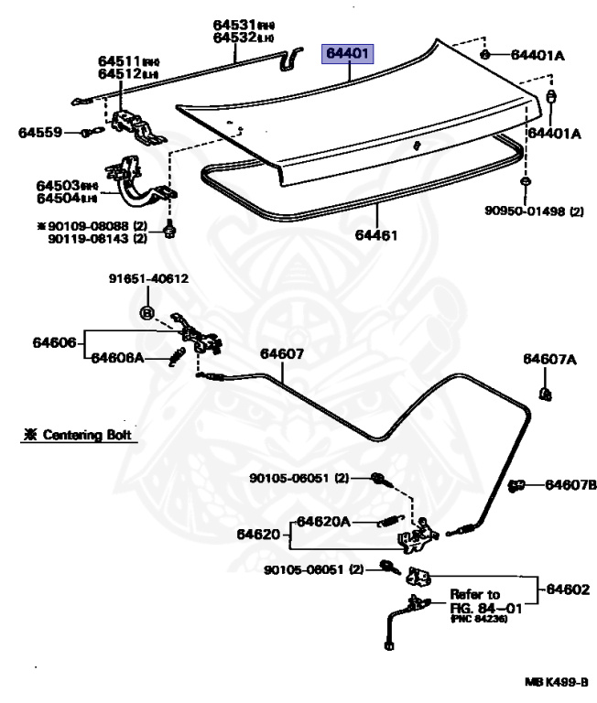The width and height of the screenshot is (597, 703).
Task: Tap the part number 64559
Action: coord(38,133)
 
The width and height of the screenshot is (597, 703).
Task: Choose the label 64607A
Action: coord(549,359)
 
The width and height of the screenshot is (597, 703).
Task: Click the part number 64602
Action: coord(564,590)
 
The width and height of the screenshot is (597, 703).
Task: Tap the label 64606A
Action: coord(117,358)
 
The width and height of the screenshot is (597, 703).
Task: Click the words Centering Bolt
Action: coord(84,436)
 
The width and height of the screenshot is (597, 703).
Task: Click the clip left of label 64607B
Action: coord(516,484)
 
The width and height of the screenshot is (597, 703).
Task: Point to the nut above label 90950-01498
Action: coord(523,183)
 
